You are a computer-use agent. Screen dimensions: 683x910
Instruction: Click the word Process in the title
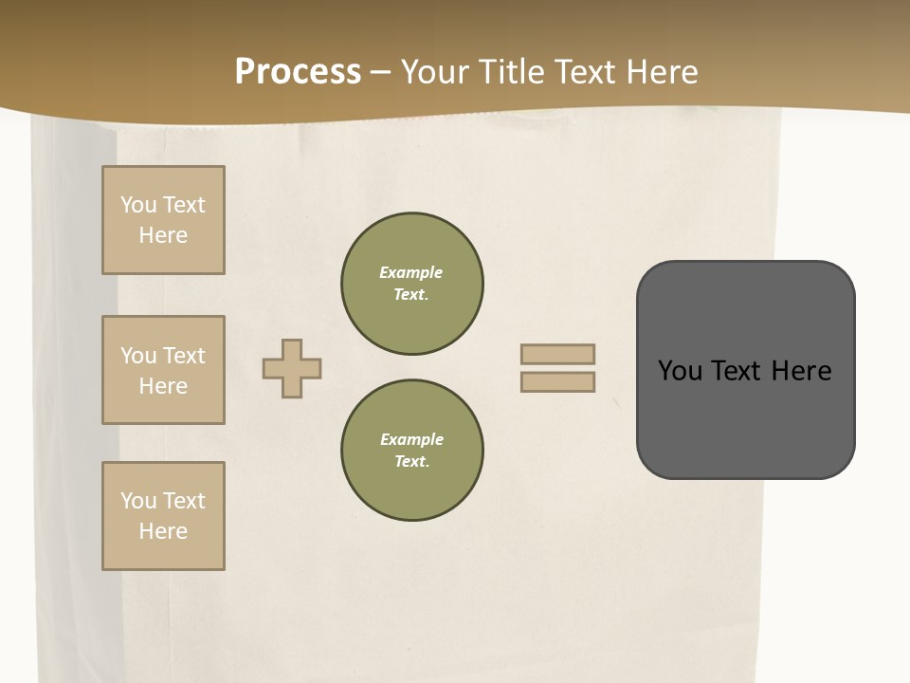coord(298,72)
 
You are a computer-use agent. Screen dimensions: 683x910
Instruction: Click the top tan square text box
coord(163,220)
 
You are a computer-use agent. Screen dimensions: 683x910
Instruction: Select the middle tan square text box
coord(163,370)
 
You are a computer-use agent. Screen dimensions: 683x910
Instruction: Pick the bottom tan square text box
coord(163,516)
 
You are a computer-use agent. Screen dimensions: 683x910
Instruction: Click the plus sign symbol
coord(292,368)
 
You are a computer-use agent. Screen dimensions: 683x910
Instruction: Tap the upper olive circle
coord(412,284)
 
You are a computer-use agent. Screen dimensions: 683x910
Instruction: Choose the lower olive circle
coord(412,451)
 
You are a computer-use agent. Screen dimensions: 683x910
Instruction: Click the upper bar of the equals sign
coord(557,354)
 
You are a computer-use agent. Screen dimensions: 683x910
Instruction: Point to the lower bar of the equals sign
coord(557,381)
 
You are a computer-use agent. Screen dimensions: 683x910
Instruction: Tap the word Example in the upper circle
coord(410,272)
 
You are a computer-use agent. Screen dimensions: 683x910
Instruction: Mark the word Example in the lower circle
coord(411,439)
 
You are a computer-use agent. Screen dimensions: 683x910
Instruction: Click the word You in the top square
coord(138,205)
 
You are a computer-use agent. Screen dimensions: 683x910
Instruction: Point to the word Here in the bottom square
coord(163,531)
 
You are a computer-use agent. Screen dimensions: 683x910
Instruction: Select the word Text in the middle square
coord(183,356)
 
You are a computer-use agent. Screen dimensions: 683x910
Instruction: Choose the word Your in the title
coord(436,72)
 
